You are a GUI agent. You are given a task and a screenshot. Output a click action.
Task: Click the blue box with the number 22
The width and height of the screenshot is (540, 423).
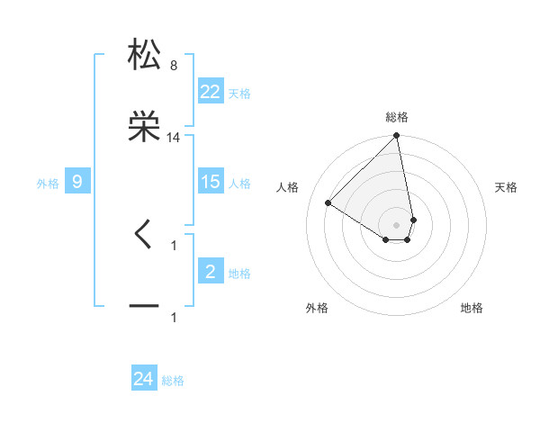(211, 92)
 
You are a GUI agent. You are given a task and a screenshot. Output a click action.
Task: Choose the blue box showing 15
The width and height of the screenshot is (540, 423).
(211, 182)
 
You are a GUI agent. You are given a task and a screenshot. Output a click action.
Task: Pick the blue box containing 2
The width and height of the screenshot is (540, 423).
(211, 272)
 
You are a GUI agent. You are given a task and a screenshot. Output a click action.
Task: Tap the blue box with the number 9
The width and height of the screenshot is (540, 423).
(77, 182)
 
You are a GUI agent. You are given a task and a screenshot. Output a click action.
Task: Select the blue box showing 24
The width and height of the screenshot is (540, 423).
(144, 379)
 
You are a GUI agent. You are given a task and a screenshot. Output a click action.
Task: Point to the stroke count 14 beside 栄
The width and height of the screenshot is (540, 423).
(174, 138)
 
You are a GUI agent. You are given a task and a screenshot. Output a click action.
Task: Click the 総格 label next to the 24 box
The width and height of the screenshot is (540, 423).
(173, 381)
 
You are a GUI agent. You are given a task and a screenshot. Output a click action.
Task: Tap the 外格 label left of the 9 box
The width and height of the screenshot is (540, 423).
(48, 184)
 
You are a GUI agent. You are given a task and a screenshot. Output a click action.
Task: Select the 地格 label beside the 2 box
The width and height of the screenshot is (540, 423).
(239, 274)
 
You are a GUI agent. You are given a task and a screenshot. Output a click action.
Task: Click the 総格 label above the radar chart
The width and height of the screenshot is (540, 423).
(397, 117)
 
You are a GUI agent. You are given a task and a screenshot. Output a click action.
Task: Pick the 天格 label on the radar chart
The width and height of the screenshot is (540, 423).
(507, 187)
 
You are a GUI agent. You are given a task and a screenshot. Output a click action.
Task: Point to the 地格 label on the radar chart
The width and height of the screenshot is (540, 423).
(472, 308)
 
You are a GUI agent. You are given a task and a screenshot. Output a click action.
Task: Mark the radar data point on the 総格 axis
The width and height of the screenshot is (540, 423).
(396, 137)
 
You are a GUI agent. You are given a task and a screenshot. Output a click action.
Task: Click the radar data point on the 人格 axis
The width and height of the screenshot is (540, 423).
(328, 202)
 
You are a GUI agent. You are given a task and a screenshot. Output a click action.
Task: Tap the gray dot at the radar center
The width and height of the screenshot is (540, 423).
(396, 223)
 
